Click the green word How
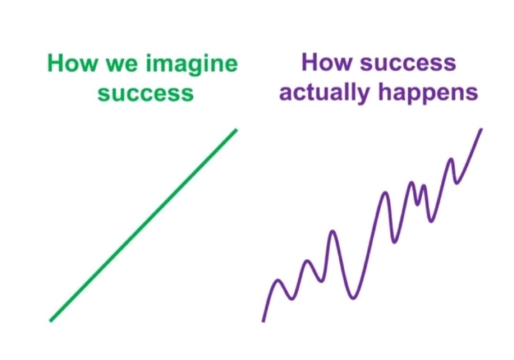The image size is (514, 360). coord(72,63)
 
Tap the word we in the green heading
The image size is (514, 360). coord(122,65)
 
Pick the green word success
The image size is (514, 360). coord(146,94)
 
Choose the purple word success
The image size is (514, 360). coord(408,64)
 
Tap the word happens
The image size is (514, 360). coord(428,92)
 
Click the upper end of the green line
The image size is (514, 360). coord(237,130)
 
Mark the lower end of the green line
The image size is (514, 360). coord(50,321)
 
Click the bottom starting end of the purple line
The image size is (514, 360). coord(263,321)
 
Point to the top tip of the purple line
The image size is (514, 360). coord(481,129)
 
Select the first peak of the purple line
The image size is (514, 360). coord(278,281)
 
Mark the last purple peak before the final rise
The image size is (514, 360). coord(451,159)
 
